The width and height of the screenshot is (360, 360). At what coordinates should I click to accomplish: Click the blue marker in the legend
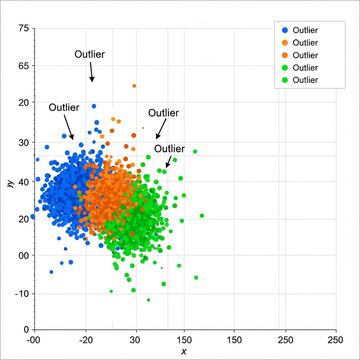[x=285, y=30]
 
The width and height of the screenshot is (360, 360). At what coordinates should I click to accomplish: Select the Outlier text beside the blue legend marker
[x=305, y=30]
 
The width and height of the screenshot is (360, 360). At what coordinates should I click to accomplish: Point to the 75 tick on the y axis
[x=25, y=28]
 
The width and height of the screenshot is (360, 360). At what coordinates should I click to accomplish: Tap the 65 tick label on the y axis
[x=25, y=66]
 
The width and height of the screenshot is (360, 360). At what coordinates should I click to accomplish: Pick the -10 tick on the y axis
[x=24, y=294]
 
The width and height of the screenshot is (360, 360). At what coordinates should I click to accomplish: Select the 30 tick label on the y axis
[x=25, y=142]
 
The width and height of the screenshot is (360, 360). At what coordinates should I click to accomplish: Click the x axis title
[x=183, y=352]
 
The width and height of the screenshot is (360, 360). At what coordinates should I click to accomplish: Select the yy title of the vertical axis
[x=11, y=183]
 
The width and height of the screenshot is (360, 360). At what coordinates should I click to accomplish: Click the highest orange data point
[x=134, y=86]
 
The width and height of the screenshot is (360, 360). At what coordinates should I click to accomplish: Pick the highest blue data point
[x=94, y=106]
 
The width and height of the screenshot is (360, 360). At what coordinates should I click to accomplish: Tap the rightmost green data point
[x=202, y=216]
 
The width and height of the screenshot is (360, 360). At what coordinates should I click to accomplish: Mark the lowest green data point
[x=148, y=300]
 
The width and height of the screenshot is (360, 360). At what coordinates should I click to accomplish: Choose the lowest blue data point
[x=51, y=272]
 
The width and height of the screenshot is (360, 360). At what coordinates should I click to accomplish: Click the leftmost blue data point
[x=33, y=217]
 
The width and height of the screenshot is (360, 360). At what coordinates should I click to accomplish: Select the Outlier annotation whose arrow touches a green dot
[x=169, y=149]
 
